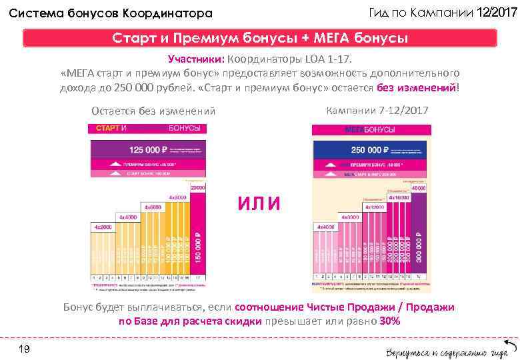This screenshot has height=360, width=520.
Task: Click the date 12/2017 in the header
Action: pyautogui.click(x=497, y=13)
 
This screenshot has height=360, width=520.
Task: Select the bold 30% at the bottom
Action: pyautogui.click(x=389, y=321)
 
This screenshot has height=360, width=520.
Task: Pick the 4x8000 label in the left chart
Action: pyautogui.click(x=177, y=198)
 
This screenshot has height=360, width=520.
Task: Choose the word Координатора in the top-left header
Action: pyautogui.click(x=167, y=13)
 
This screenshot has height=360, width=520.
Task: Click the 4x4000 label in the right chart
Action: pyautogui.click(x=325, y=227)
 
